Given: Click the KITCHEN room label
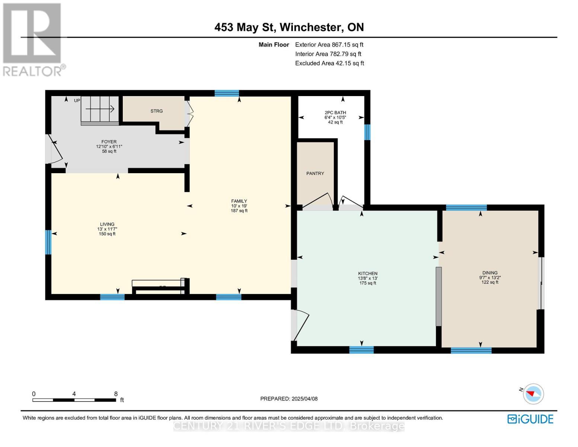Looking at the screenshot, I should [367, 273].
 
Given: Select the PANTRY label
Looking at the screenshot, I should [315, 174].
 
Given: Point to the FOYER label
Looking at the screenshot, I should [109, 142].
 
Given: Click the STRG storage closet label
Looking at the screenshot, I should [156, 111].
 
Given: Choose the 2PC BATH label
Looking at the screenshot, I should [335, 112].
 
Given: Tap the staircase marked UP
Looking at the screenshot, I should [100, 109].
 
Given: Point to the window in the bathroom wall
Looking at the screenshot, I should [367, 132].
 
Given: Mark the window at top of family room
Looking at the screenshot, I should [227, 93].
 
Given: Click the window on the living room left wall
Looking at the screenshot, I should [48, 242].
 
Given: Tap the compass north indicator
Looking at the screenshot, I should [533, 394].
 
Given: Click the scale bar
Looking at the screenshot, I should [74, 400].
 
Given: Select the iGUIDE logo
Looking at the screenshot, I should [530, 419].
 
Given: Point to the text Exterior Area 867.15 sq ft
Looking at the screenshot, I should [329, 45].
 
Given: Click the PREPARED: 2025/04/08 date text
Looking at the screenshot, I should [289, 399].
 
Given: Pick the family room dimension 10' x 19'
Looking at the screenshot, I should [239, 206].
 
